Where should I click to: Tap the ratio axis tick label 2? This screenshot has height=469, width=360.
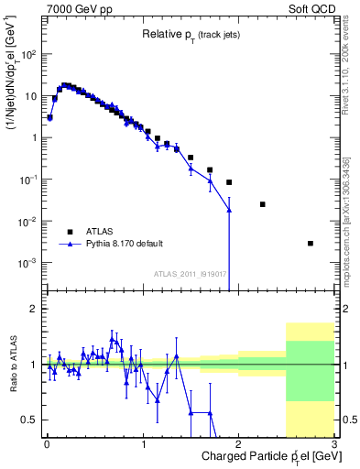[35, 310]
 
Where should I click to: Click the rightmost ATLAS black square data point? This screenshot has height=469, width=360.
[311, 244]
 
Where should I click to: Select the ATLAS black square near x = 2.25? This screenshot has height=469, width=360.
[263, 204]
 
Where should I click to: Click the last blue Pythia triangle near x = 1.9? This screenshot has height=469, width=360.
[229, 210]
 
